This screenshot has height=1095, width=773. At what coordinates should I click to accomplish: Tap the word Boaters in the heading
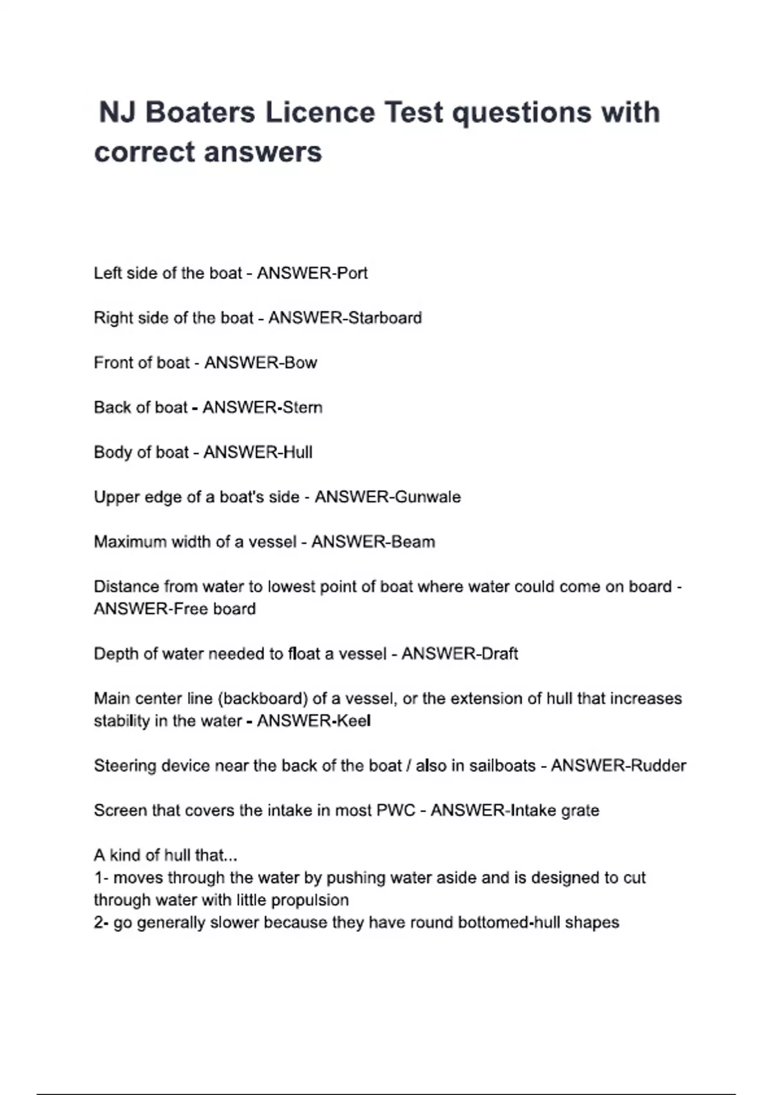200,113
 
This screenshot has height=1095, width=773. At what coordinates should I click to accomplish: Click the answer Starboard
385,318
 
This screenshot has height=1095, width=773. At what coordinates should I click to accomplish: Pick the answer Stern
303,408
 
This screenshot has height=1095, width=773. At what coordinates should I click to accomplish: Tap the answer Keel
354,721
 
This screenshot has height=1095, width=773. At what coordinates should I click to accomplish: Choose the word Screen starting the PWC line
120,810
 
